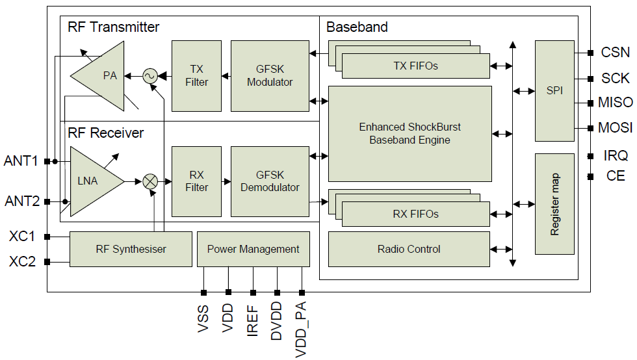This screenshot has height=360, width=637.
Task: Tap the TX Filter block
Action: pyautogui.click(x=196, y=75)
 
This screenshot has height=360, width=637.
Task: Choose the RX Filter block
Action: pyautogui.click(x=196, y=181)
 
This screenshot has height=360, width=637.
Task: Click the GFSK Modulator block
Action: pyautogui.click(x=270, y=75)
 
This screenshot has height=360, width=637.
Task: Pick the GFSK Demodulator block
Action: pyautogui.click(x=270, y=181)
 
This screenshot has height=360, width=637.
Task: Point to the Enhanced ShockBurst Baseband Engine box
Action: pyautogui.click(x=409, y=133)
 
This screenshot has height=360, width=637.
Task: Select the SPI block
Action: pyautogui.click(x=554, y=91)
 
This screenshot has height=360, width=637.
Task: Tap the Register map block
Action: pyautogui.click(x=554, y=204)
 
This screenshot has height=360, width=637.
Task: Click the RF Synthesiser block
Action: pyautogui.click(x=131, y=249)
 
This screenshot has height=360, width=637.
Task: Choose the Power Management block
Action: pyautogui.click(x=253, y=249)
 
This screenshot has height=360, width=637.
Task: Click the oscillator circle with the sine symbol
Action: pyautogui.click(x=150, y=76)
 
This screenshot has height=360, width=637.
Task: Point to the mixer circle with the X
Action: pyautogui.click(x=150, y=181)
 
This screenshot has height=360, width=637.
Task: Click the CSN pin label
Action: pyautogui.click(x=615, y=53)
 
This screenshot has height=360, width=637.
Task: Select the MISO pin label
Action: pyautogui.click(x=615, y=103)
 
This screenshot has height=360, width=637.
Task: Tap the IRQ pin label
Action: pyautogui.click(x=615, y=155)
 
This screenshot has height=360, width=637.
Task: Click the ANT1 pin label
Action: pyautogui.click(x=21, y=161)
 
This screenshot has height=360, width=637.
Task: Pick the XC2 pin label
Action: pyautogui.click(x=22, y=262)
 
